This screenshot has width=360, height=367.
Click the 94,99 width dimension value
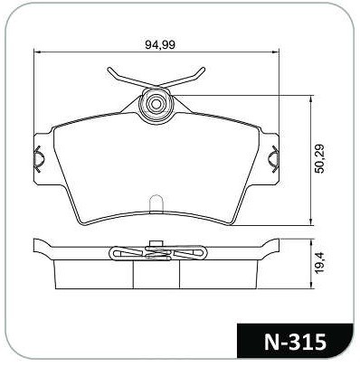pos(160,45)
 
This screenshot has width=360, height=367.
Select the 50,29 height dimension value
pos(319,159)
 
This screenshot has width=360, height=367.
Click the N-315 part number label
pos(295,343)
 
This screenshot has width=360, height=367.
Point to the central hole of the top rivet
pos(156,104)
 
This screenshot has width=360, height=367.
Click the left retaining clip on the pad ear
pos(38,159)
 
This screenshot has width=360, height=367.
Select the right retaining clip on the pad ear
pos(273,159)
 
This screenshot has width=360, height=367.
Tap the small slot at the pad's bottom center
pos(156,203)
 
